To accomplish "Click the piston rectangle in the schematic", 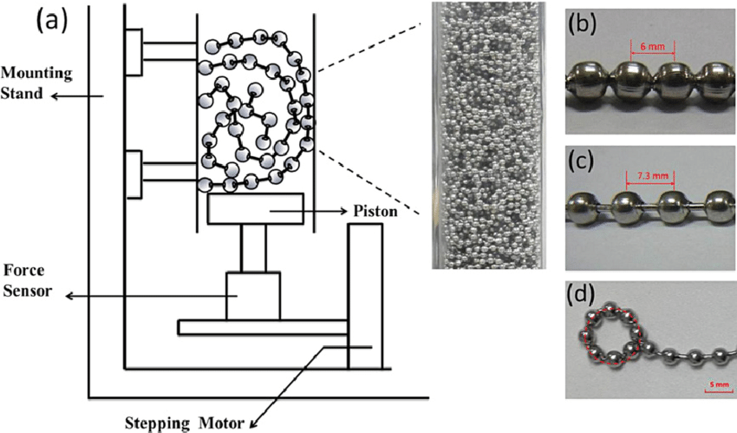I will click(x=255, y=209).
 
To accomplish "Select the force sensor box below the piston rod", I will click(x=252, y=296).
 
